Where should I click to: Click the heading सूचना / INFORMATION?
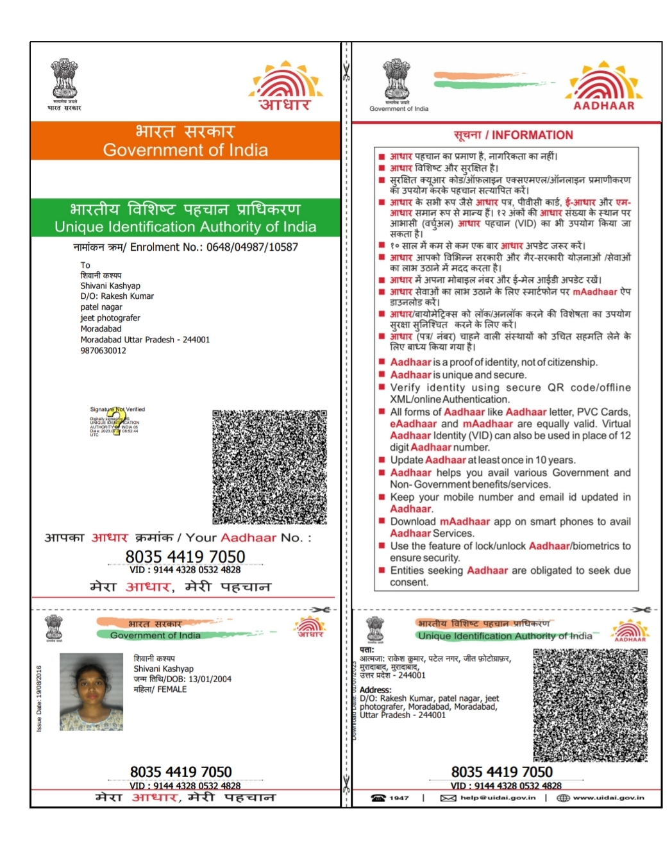coord(513,135)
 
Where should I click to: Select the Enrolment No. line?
coord(185,247)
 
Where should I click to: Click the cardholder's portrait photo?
coord(91,692)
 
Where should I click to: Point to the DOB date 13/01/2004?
coord(210,679)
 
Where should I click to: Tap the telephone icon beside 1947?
coord(378,798)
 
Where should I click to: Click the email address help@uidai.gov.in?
coord(498,798)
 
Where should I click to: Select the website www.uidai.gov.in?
coord(609,798)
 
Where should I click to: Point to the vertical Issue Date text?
coord(39,698)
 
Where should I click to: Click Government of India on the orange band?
coord(185,150)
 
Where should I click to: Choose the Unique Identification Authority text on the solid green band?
coord(185,227)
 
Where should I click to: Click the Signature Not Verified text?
coord(117,409)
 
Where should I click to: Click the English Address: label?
coord(375,690)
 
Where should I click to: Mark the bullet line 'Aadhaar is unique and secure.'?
coord(458,375)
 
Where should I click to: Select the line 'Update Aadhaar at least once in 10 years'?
coord(482,460)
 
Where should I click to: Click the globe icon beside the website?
coord(563,798)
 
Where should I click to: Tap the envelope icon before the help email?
coord(448,798)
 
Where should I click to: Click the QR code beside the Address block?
coord(590,705)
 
